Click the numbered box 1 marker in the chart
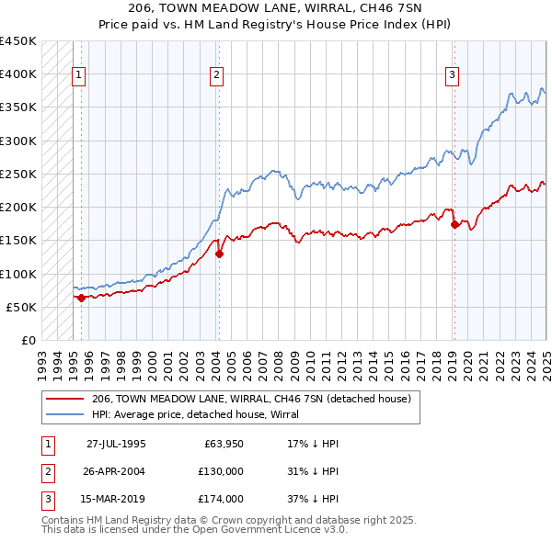(x=79, y=75)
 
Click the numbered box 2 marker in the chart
(x=216, y=75)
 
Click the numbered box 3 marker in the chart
(x=454, y=75)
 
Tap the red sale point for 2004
(x=219, y=254)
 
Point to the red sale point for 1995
(x=81, y=298)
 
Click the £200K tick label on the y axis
(x=18, y=207)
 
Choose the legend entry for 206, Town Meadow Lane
(x=256, y=399)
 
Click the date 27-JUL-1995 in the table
(x=116, y=444)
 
